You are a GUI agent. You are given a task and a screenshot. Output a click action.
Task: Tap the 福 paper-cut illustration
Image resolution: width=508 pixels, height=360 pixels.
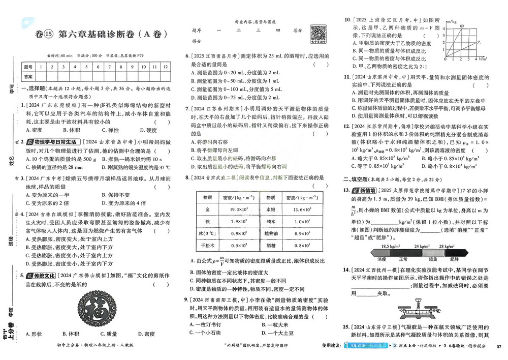[93, 308]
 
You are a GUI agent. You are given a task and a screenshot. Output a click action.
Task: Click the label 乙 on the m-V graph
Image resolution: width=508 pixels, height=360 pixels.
[478, 45]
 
